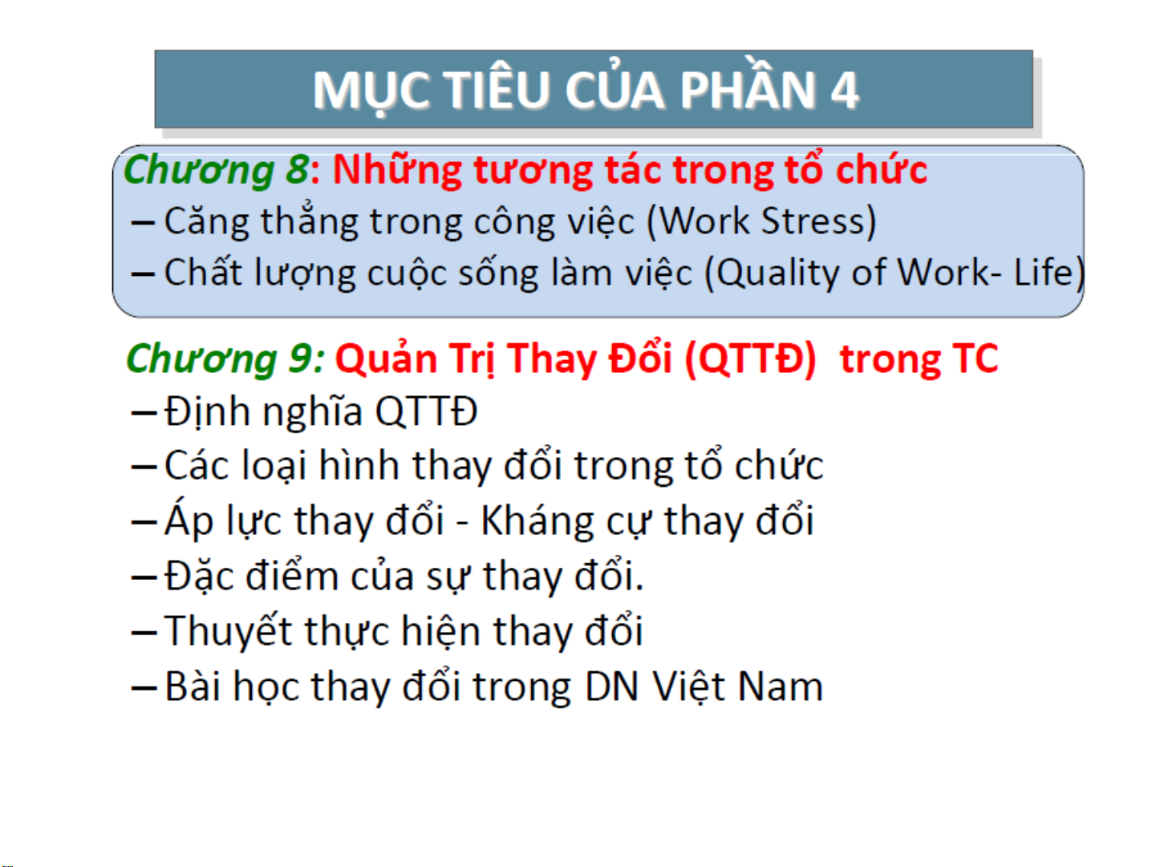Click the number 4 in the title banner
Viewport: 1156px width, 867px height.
[844, 90]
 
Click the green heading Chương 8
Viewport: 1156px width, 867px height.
[217, 169]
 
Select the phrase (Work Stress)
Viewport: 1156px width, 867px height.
[761, 221]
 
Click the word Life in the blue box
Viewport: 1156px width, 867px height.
[1044, 272]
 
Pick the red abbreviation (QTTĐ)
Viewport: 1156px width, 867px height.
[750, 359]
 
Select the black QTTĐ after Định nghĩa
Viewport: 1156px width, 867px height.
[426, 411]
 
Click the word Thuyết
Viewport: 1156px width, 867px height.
[228, 630]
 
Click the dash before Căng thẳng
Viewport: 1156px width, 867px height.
[143, 223]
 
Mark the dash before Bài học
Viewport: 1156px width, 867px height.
[144, 687]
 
